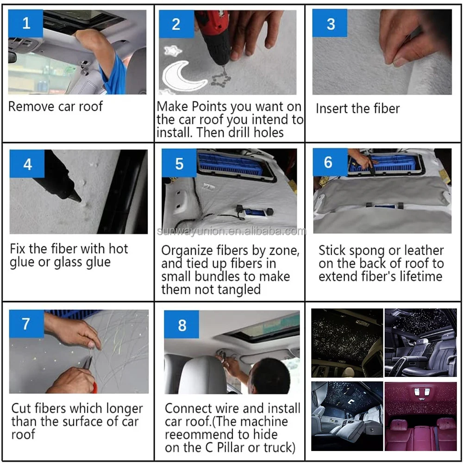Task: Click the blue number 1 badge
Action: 25,23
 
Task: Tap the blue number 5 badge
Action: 179,163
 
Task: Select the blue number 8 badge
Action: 181,325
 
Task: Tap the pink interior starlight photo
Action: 420,416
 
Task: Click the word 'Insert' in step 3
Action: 333,108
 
